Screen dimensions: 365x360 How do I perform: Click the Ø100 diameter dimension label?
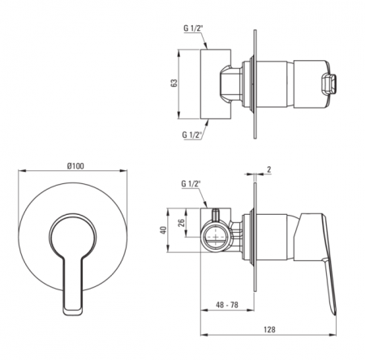(75, 166)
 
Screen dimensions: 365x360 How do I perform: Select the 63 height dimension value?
(174, 83)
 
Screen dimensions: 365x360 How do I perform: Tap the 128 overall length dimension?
(269, 329)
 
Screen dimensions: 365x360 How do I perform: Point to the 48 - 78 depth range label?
(227, 305)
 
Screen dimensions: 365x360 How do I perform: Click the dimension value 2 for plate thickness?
(269, 169)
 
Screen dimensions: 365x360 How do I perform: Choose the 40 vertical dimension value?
(163, 230)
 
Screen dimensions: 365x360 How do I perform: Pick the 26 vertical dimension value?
(182, 222)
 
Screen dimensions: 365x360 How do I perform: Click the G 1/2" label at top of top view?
(193, 28)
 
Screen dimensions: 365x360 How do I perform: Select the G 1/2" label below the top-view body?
(192, 135)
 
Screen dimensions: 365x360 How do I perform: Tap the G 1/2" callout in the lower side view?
(191, 184)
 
